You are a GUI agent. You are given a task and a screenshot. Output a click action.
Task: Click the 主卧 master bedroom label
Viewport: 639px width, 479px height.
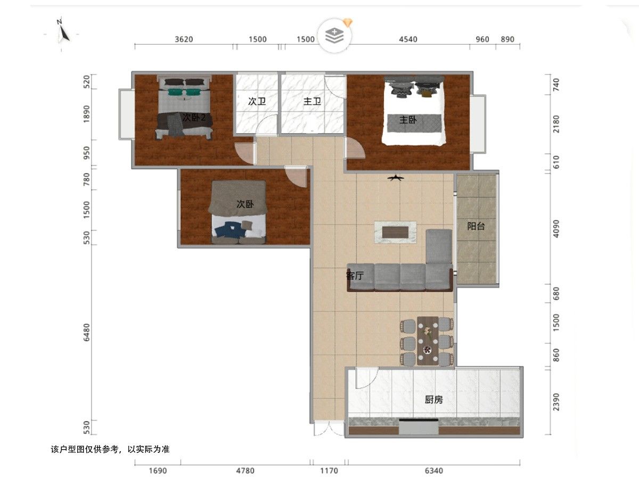click(x=407, y=120)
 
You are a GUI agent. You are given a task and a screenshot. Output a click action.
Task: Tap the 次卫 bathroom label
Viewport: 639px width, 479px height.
click(x=257, y=101)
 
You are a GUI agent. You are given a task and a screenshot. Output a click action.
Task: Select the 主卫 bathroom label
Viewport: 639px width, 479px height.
click(x=312, y=101)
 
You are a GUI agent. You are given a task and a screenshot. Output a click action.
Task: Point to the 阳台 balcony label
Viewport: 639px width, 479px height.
click(x=476, y=226)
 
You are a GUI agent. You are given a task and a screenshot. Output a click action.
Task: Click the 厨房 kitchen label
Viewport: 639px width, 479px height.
click(x=434, y=400)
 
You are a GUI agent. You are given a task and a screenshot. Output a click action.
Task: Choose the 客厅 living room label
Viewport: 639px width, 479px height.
click(x=355, y=275)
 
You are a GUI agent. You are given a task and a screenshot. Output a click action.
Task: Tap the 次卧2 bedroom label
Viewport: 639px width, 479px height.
click(x=194, y=118)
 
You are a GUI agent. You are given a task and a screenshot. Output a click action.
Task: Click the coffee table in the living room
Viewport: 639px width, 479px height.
click(x=395, y=232)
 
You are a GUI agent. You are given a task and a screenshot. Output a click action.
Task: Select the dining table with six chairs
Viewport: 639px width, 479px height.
click(x=428, y=341)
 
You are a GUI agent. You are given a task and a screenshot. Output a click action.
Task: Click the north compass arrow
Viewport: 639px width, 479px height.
click(x=63, y=33)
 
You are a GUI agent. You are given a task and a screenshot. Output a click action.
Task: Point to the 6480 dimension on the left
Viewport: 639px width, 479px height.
click(x=86, y=332)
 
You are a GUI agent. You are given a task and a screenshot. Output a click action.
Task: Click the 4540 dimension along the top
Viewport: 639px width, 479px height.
click(x=408, y=39)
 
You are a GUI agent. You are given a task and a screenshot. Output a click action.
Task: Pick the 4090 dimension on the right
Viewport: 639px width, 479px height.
click(x=556, y=229)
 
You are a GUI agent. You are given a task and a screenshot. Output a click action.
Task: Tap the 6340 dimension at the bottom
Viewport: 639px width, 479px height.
click(x=434, y=470)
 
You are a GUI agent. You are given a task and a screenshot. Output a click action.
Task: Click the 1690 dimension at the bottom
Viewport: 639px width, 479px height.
click(x=158, y=470)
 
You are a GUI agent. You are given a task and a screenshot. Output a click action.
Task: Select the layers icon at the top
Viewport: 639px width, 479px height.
click(x=334, y=35)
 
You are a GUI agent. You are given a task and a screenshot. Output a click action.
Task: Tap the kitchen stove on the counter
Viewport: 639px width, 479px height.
click(x=419, y=426)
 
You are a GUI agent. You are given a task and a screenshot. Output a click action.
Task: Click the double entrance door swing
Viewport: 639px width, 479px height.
click(x=329, y=428)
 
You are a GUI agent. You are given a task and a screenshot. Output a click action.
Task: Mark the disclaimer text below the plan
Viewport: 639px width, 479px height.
click(x=110, y=449)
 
